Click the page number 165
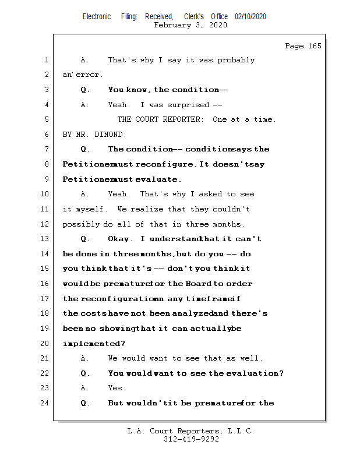coord(314,46)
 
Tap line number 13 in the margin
coord(46,239)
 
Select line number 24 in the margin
coord(46,403)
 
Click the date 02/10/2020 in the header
coord(250,17)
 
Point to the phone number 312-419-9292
coord(191,439)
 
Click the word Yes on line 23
coord(117,388)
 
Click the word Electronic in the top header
coord(97,17)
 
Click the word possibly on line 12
coord(81,224)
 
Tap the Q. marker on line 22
coord(86,373)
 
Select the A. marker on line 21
coord(85,358)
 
